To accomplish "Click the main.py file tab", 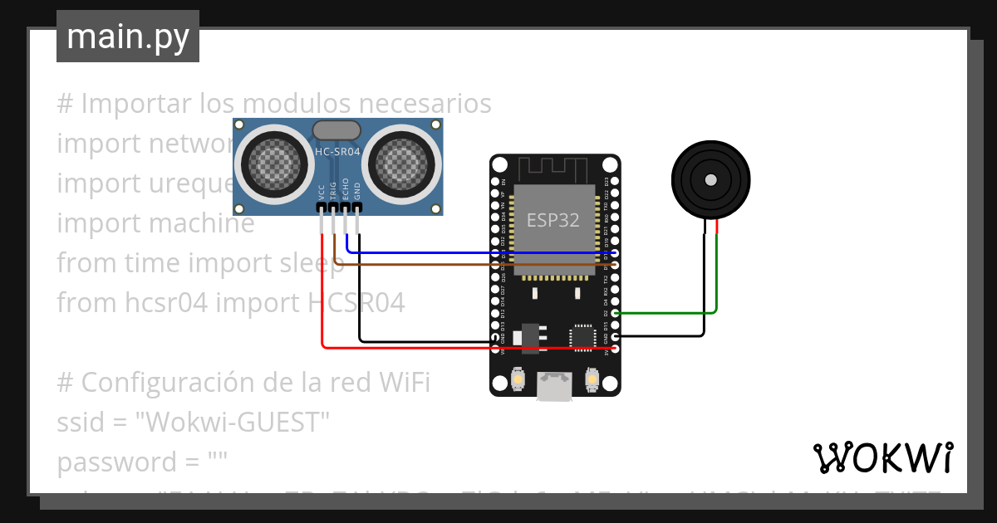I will tap(127, 37).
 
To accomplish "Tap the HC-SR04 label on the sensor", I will tap(336, 151).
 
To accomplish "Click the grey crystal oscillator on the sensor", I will tap(336, 130).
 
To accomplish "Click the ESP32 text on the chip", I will tap(553, 220).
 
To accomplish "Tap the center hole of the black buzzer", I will tap(710, 180).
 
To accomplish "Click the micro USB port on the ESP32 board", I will tap(554, 385).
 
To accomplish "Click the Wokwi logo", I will tap(882, 457).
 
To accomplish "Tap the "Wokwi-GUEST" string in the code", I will tap(233, 423).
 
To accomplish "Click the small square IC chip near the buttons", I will tap(582, 336).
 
